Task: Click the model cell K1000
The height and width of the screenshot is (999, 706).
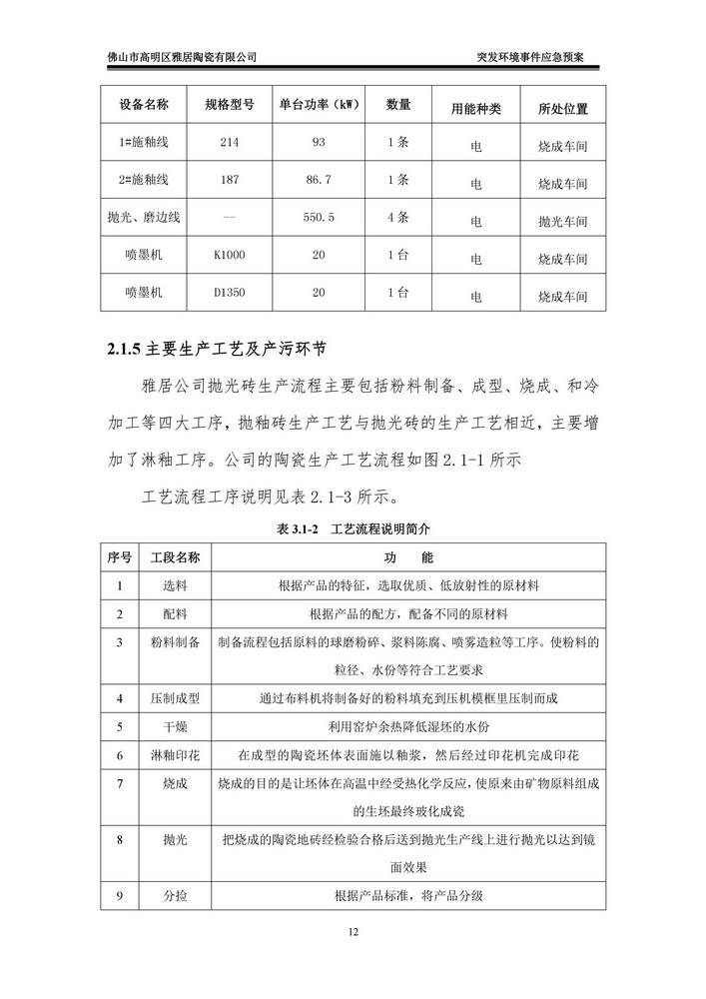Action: click(x=229, y=256)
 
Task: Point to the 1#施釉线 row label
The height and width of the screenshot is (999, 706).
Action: click(x=144, y=142)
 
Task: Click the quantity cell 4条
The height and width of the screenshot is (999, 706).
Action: click(x=397, y=217)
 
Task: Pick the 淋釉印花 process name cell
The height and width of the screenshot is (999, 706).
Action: click(x=175, y=755)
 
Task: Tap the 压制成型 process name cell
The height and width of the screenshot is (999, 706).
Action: click(x=175, y=697)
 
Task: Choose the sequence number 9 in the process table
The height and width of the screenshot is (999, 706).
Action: click(x=119, y=895)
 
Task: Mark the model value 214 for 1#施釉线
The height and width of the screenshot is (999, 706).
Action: click(x=229, y=142)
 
